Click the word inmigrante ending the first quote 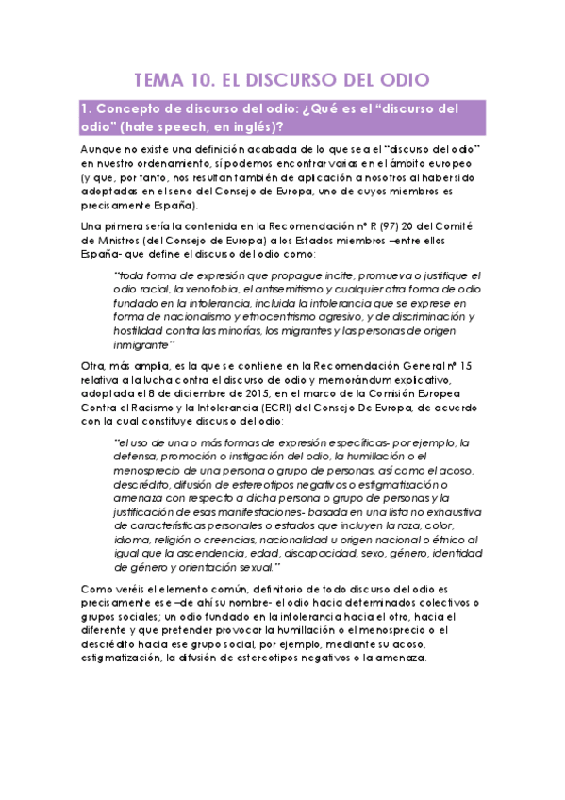[x=144, y=345]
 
